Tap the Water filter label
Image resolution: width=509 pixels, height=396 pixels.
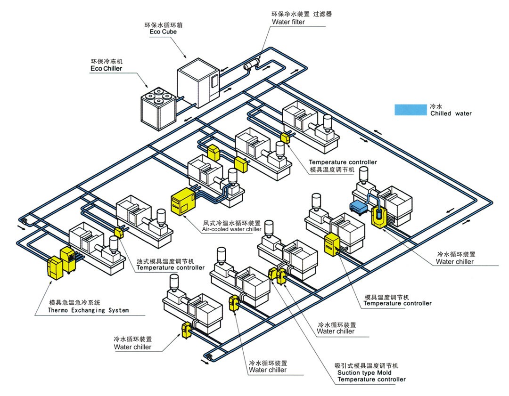click(288, 22)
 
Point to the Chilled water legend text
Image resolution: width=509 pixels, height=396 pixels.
click(451, 113)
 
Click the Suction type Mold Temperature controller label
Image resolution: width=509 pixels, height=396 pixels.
click(371, 376)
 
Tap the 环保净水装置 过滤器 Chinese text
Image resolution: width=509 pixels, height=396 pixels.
click(302, 14)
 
